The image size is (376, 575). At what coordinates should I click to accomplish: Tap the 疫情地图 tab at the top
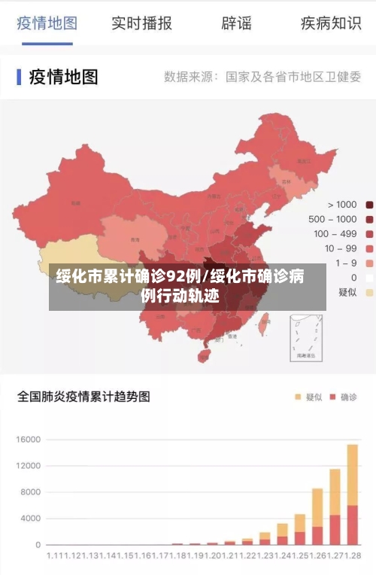(x=47, y=23)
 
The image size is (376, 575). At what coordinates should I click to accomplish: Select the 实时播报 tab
(x=141, y=23)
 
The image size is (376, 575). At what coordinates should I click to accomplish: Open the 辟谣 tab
(x=236, y=23)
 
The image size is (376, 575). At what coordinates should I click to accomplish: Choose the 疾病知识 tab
(x=331, y=23)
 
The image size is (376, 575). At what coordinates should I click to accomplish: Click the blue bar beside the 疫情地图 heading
(x=19, y=77)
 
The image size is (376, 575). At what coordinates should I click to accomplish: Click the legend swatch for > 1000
(x=369, y=205)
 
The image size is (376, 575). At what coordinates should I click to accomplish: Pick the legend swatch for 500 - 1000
(x=369, y=219)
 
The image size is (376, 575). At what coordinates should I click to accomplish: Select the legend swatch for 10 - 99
(x=369, y=248)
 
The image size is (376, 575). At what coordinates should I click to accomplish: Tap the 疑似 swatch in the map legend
(x=369, y=292)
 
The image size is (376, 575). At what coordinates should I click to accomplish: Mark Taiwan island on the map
(x=264, y=328)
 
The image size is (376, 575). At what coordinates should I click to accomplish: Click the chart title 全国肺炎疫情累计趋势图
(x=83, y=396)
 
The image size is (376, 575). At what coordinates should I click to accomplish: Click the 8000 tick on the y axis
(x=29, y=492)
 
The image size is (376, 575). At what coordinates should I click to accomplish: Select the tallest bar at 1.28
(x=352, y=494)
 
